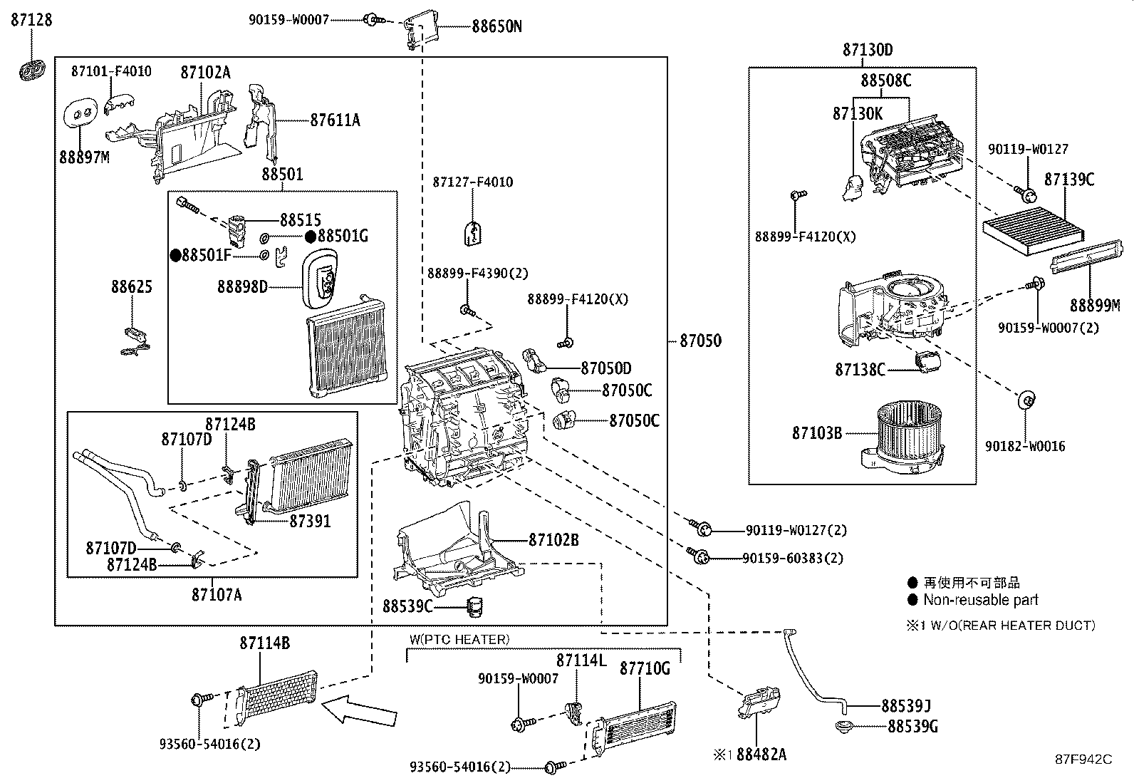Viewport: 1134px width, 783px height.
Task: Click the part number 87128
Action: click(x=31, y=20)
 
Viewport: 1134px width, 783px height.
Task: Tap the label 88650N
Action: click(x=496, y=27)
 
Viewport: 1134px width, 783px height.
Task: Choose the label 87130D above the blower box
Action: click(x=867, y=50)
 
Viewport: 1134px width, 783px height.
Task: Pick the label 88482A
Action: click(x=761, y=754)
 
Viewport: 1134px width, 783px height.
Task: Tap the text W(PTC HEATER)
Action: click(x=459, y=639)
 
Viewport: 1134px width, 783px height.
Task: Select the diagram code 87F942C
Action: click(x=1083, y=759)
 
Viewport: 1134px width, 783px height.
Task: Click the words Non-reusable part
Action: click(x=980, y=600)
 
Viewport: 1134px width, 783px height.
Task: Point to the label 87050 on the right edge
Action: click(x=699, y=341)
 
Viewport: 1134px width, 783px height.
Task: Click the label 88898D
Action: click(x=242, y=286)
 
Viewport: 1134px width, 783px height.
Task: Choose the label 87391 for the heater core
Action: click(x=310, y=521)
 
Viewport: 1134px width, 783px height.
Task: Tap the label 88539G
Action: click(x=912, y=727)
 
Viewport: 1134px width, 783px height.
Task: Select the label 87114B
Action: click(x=264, y=643)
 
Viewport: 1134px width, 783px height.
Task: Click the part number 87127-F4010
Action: click(x=472, y=182)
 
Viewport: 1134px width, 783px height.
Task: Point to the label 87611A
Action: click(x=335, y=120)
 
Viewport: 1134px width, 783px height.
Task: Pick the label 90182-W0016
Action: click(x=1025, y=446)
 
